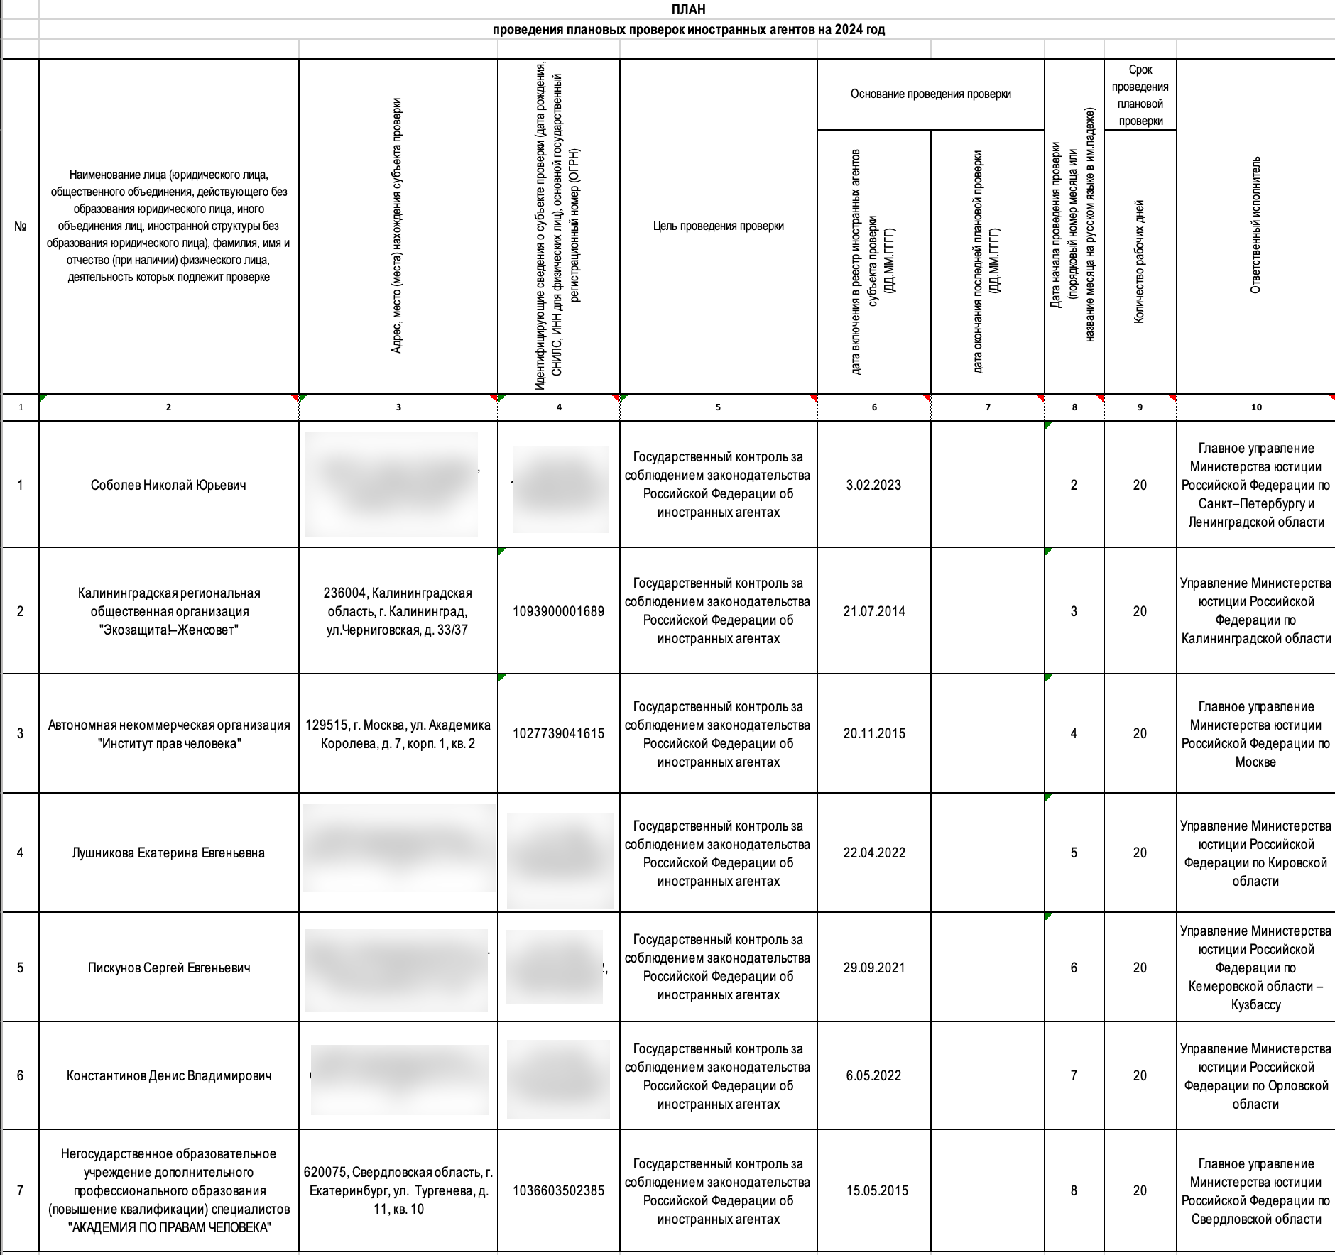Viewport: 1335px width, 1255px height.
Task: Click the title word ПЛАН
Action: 688,9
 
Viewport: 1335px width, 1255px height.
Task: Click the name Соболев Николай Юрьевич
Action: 168,486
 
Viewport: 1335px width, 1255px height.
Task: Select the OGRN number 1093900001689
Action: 558,612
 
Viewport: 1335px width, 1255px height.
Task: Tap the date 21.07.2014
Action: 874,612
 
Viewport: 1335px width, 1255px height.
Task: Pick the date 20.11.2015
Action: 874,734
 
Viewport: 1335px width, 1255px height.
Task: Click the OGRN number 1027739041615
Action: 558,734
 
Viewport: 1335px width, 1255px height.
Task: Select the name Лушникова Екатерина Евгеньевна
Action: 168,853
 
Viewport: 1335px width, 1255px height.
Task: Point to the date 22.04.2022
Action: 874,853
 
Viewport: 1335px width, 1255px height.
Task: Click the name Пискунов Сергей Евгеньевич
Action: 168,968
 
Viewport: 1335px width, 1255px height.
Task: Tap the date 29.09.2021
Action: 874,968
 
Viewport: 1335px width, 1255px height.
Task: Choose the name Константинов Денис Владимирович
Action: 168,1076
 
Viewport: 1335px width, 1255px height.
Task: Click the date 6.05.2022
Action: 873,1076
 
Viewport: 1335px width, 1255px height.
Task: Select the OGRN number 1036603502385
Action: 558,1191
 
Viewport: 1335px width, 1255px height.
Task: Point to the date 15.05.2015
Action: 877,1191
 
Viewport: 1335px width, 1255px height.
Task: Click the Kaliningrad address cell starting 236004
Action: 398,612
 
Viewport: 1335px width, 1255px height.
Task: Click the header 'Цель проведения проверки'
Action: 718,226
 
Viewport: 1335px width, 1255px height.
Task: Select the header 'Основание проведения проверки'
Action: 930,94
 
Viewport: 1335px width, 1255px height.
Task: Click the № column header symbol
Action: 21,226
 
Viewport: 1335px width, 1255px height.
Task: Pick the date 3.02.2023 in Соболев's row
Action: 873,486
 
